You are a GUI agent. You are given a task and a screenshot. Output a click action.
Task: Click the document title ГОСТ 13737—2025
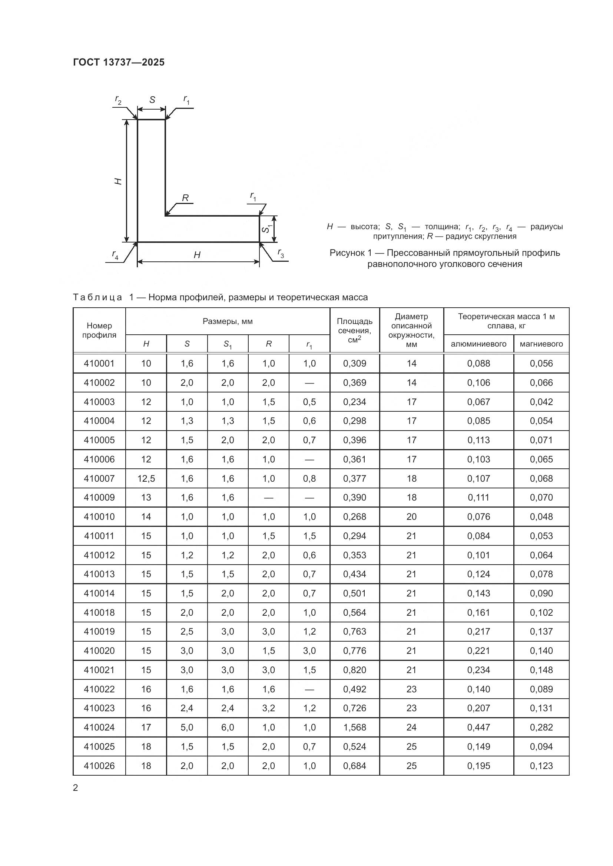[119, 62]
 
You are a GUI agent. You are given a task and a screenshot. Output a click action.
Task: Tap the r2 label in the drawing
[118, 101]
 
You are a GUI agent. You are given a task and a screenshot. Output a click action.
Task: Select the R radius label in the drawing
[185, 198]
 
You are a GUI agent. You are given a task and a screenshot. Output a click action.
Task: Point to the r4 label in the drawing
[115, 255]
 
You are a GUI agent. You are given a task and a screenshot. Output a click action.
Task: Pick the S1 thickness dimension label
[267, 228]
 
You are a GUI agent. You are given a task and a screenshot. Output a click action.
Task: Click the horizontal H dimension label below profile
[197, 255]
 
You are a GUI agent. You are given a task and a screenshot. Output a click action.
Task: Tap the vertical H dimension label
[119, 181]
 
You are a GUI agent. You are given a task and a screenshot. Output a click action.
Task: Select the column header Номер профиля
[99, 330]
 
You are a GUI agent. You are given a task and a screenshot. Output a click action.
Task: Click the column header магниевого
[541, 344]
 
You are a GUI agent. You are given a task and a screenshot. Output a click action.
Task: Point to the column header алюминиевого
[478, 344]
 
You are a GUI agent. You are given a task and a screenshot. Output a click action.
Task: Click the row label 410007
[99, 478]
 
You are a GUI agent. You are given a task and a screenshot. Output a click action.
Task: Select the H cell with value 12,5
[146, 478]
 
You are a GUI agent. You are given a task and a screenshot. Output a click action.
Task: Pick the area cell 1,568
[354, 727]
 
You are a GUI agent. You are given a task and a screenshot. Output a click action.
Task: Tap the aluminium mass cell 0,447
[478, 727]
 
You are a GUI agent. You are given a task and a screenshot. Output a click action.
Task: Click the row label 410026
[99, 766]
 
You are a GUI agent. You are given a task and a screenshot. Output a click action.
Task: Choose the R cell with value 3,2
[268, 708]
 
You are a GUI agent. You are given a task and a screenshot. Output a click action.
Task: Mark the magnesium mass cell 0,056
[541, 363]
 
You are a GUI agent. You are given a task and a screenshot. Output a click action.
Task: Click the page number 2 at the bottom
[76, 788]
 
